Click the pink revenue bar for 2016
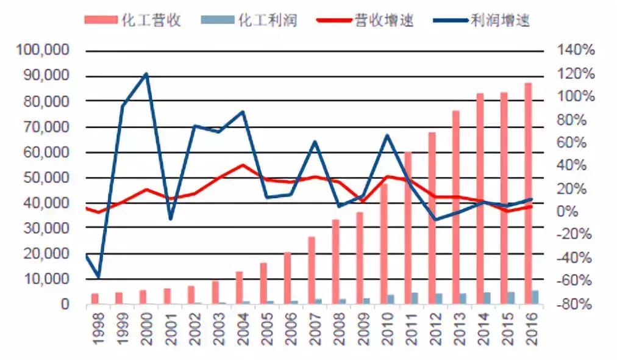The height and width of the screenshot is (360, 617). click(x=528, y=193)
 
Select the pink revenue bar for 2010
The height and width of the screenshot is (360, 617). click(x=384, y=244)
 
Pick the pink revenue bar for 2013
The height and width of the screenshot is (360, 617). click(x=455, y=207)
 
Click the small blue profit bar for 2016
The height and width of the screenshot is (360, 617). click(x=535, y=297)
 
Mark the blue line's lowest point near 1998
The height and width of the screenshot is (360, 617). click(x=98, y=278)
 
